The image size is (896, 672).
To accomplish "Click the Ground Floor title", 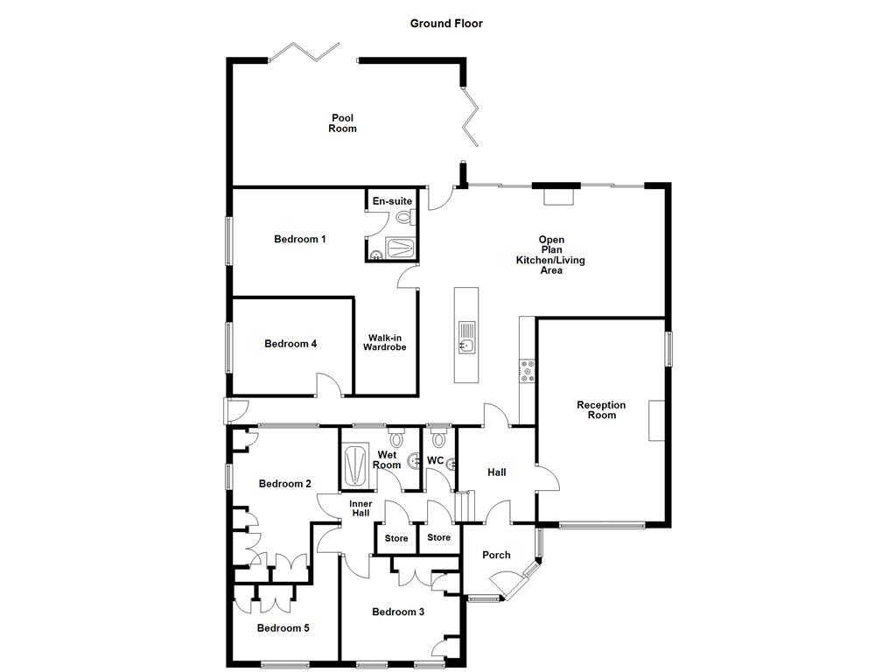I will tap(446, 24).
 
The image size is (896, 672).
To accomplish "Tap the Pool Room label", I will tap(343, 123).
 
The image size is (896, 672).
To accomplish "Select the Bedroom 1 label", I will tap(300, 239).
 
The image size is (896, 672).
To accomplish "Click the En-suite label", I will tap(392, 201).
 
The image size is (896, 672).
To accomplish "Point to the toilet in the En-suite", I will tap(403, 217).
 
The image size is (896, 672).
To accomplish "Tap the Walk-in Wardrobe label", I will tap(385, 342).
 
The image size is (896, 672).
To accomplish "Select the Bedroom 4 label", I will tap(290, 344).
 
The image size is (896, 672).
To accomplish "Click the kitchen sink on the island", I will tap(465, 337).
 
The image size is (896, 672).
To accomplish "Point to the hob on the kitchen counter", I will tap(527, 371).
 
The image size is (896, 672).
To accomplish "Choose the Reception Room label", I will tap(601, 409).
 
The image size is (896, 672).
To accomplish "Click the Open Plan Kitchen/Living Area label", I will tap(550, 255).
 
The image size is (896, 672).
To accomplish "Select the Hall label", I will tap(497, 472).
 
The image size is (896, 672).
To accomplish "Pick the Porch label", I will tap(496, 555).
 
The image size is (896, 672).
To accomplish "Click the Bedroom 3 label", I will tap(398, 612).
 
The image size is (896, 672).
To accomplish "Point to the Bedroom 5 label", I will tap(283, 627).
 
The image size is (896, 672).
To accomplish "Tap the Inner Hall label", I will tap(360, 508).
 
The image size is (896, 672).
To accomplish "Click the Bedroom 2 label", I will tap(285, 484).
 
